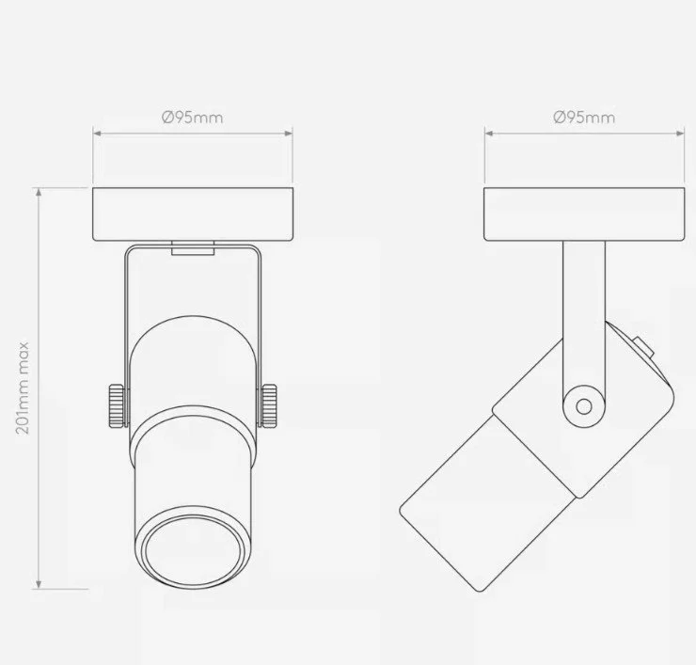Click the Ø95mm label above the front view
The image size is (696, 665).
click(x=192, y=118)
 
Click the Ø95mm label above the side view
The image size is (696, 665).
click(x=584, y=118)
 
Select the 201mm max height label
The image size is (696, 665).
click(x=23, y=388)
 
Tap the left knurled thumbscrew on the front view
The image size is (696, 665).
click(x=117, y=405)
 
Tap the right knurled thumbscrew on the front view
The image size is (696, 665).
click(x=269, y=405)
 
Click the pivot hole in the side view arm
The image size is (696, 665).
click(x=584, y=406)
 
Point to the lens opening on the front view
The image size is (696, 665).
click(x=193, y=551)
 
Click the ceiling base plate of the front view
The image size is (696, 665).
click(x=193, y=214)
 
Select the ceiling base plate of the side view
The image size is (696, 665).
click(x=584, y=214)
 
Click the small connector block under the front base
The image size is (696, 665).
click(x=193, y=248)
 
